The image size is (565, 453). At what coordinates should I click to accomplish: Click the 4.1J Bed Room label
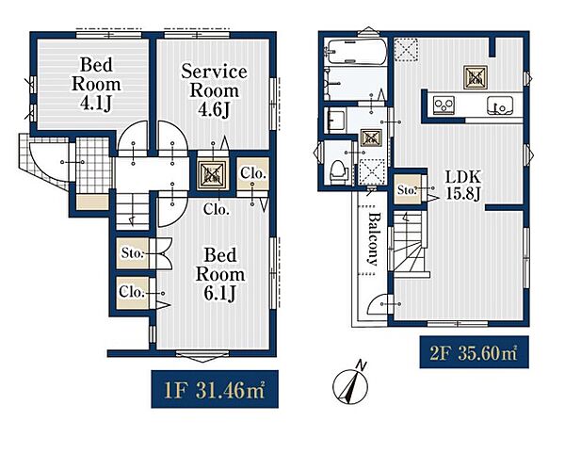[96, 84]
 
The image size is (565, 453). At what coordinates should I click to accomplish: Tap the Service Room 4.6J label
[214, 90]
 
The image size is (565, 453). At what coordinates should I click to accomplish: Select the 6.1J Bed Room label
[220, 274]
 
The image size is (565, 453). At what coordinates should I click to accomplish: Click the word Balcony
[374, 239]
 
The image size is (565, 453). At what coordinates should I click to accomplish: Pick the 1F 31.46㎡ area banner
[215, 389]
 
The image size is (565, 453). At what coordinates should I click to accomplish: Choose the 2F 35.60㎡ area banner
[475, 352]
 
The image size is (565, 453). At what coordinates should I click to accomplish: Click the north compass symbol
[350, 383]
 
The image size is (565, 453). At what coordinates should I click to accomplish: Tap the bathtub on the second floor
[355, 52]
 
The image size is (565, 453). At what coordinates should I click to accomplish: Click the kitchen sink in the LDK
[500, 105]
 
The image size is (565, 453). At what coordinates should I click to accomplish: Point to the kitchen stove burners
[444, 105]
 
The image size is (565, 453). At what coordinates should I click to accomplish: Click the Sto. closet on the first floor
[132, 253]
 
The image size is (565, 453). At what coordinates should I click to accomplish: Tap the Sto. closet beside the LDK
[407, 189]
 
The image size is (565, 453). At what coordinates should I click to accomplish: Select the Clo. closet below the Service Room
[253, 173]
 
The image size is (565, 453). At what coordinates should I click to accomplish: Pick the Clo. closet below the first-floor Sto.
[132, 292]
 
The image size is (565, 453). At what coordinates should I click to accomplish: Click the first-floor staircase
[133, 211]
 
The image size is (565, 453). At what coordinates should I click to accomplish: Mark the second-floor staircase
[409, 244]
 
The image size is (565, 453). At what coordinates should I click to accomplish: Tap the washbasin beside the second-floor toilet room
[334, 121]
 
